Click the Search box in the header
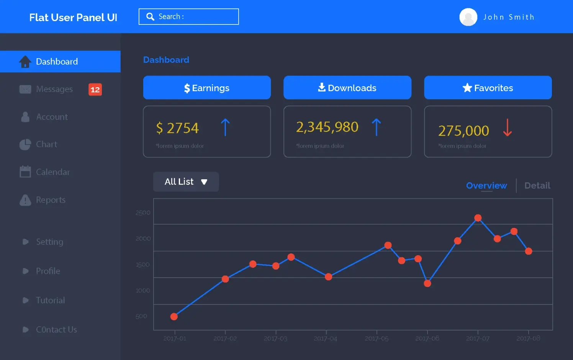click(188, 17)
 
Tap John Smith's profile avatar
click(468, 17)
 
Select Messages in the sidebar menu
click(54, 89)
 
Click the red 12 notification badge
click(95, 90)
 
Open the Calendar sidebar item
click(52, 172)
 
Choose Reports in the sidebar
click(50, 200)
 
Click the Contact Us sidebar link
click(56, 330)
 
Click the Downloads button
click(347, 88)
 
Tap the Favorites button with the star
click(488, 88)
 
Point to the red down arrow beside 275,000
click(508, 128)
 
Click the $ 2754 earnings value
click(177, 128)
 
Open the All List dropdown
click(186, 182)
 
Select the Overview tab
click(486, 186)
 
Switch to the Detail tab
click(537, 186)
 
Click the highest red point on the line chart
click(478, 218)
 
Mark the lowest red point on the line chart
click(174, 316)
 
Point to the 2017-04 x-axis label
click(326, 339)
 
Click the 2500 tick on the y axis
click(143, 213)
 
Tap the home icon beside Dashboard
click(25, 62)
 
